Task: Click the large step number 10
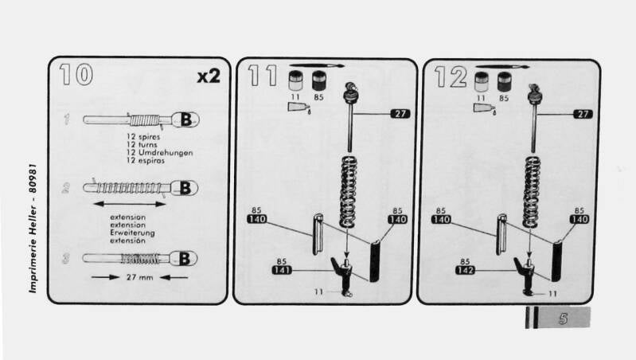(76, 74)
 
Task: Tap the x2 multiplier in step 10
(209, 76)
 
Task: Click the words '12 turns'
(142, 144)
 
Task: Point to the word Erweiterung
(132, 233)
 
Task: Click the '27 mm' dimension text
(139, 278)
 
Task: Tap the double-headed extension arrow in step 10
(130, 204)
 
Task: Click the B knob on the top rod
(185, 119)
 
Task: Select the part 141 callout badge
(282, 270)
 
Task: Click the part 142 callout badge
(465, 270)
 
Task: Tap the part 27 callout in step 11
(400, 114)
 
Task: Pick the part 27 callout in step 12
(583, 114)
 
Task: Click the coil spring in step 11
(348, 192)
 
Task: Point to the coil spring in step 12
(532, 192)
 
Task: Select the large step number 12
(451, 76)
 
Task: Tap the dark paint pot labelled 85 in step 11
(319, 80)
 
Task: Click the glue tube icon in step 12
(484, 108)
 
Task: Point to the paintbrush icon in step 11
(317, 65)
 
